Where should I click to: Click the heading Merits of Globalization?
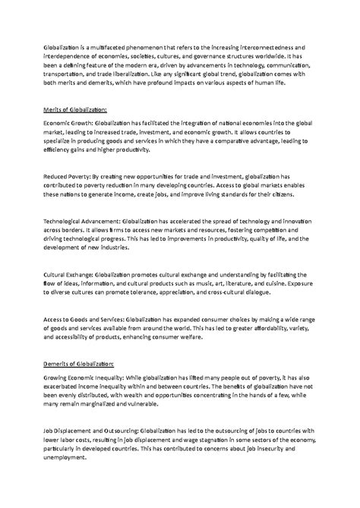click(x=75, y=110)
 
